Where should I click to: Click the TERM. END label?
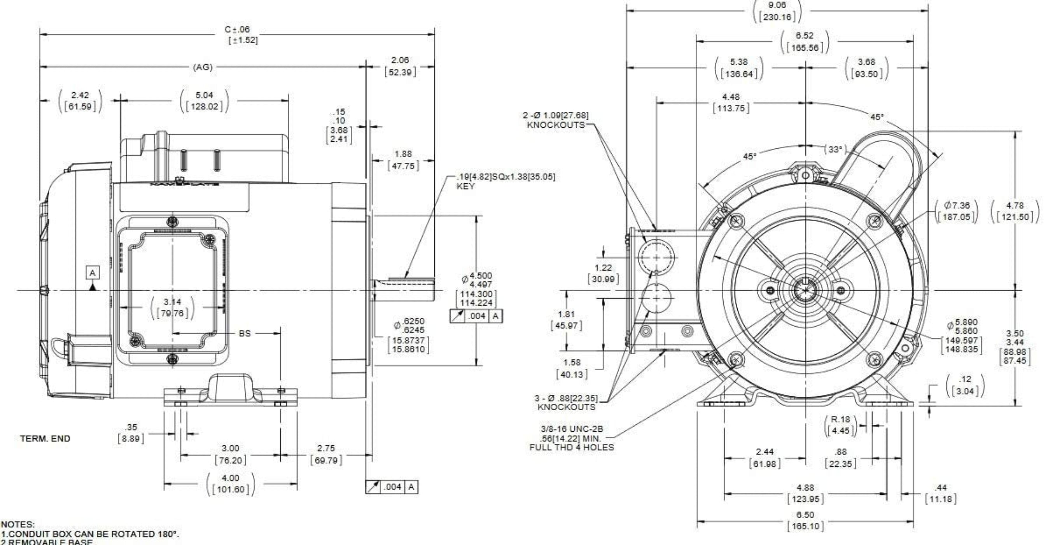tap(45, 439)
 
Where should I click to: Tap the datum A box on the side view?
tap(93, 273)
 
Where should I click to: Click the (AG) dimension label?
tap(203, 67)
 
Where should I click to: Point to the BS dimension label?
tap(245, 334)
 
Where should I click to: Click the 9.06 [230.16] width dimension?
tap(777, 11)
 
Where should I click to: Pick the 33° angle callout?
tap(835, 150)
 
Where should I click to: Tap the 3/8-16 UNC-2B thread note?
tap(572, 438)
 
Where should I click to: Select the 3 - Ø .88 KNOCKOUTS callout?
tap(566, 403)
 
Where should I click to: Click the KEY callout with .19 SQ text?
tap(505, 181)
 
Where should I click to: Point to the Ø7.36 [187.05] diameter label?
tap(956, 211)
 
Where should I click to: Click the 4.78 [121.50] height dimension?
tap(1015, 211)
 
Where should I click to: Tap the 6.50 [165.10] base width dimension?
tap(805, 520)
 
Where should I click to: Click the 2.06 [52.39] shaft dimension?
tap(400, 66)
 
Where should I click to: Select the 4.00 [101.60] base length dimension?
tap(231, 484)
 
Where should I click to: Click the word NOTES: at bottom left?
tap(18, 524)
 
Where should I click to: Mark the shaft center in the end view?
tap(805, 290)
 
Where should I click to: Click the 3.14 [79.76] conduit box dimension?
tap(172, 308)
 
